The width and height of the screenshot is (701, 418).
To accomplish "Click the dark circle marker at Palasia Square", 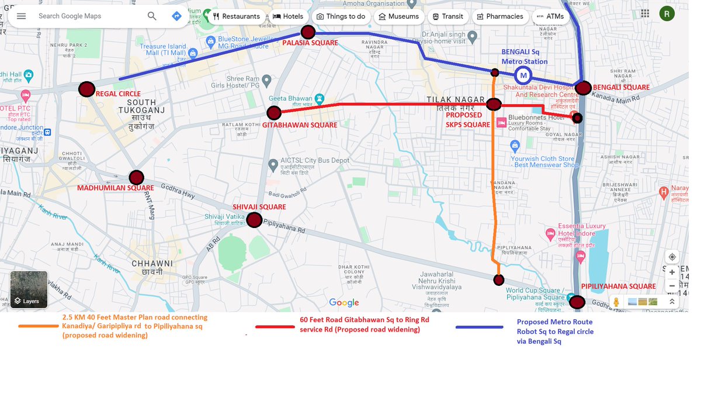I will (308, 32).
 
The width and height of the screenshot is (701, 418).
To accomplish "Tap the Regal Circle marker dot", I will (86, 89).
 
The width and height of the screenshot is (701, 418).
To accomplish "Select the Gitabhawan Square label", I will (300, 125).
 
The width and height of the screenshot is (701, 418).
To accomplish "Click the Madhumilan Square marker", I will (136, 177).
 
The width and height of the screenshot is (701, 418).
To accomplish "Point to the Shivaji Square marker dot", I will (254, 220).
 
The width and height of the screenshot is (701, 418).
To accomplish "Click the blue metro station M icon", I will (523, 75).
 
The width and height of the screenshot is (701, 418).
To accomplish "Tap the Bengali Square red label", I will (621, 88).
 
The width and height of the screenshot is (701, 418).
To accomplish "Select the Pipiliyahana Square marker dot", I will (577, 302).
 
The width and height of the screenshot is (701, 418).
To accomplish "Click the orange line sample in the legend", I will (39, 326).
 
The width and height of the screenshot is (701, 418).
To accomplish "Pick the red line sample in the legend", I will (275, 327).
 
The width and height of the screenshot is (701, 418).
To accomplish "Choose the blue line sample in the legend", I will (479, 327).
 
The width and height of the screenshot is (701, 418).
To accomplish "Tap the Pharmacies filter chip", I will (500, 16).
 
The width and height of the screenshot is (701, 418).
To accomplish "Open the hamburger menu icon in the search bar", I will (22, 16).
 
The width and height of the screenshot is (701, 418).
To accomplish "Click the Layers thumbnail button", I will (29, 289).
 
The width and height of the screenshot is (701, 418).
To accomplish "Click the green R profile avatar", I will (667, 13).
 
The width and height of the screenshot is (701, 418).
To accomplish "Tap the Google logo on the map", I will (343, 302).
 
